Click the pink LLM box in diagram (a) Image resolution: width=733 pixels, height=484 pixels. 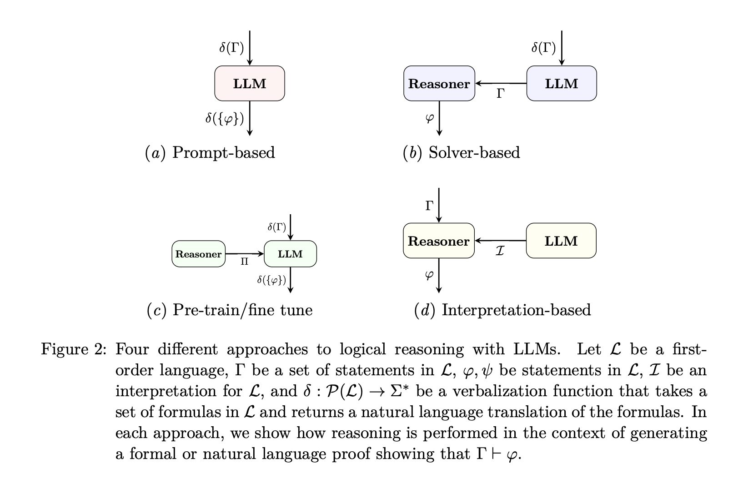click(250, 84)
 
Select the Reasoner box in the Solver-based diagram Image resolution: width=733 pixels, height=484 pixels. click(439, 84)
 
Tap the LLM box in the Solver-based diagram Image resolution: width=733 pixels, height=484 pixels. click(562, 84)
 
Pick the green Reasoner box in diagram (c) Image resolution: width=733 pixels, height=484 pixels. click(198, 254)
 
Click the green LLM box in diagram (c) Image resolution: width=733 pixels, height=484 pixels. click(290, 254)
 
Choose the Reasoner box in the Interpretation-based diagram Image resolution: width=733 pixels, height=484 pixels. click(438, 241)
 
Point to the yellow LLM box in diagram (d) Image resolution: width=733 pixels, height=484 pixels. click(561, 241)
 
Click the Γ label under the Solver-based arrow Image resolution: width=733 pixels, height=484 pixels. click(501, 94)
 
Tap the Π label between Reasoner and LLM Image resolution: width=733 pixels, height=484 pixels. click(244, 262)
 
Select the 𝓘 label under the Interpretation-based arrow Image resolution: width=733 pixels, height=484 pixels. click(500, 251)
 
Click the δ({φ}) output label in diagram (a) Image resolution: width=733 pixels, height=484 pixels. click(225, 119)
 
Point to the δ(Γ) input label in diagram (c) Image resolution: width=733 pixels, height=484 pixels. click(276, 227)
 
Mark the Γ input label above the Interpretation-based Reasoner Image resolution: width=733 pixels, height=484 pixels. click(429, 206)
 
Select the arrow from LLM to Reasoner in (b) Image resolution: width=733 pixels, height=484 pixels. click(501, 84)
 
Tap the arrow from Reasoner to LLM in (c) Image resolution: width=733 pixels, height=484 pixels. click(245, 254)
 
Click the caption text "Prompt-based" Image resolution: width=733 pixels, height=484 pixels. click(224, 152)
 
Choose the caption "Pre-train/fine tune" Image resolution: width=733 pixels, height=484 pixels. click(243, 310)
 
